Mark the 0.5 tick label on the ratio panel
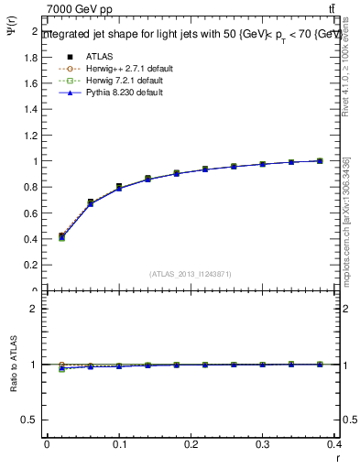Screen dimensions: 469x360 (30, 420)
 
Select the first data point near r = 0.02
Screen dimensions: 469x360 (61, 236)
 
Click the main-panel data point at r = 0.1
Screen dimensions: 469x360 (119, 187)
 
